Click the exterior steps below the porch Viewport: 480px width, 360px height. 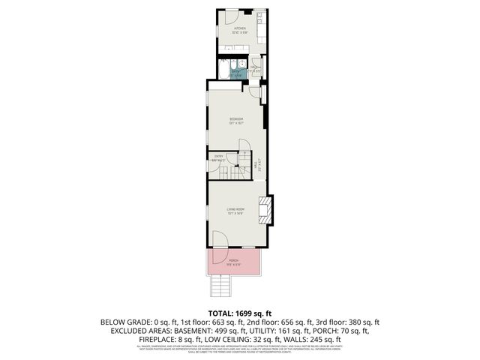(220, 285)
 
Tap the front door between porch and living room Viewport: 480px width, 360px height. (220, 239)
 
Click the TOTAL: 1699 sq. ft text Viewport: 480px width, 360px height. (240, 313)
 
